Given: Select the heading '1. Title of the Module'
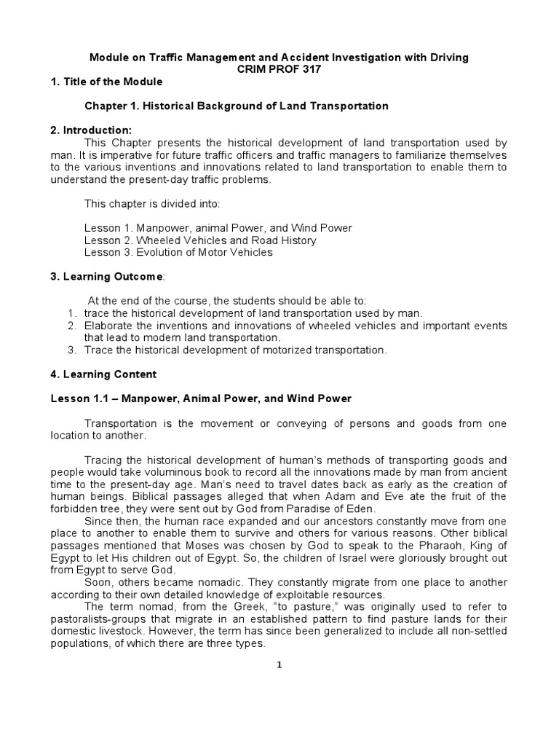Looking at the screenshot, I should pyautogui.click(x=106, y=81).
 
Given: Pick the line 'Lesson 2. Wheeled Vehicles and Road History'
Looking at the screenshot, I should pyautogui.click(x=200, y=240).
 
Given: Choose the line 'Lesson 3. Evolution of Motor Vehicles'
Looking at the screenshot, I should pyautogui.click(x=178, y=253).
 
